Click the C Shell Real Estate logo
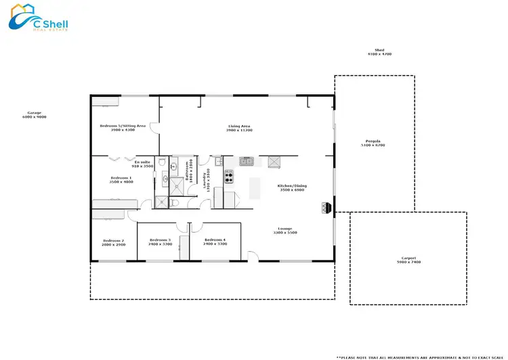(38, 19)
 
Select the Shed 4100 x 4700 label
(379, 51)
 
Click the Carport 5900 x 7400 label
(408, 260)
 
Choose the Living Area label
(239, 127)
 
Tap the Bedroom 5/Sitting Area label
(123, 127)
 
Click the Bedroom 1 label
(122, 179)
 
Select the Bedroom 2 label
(114, 242)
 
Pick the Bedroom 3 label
(161, 242)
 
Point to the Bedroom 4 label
(215, 242)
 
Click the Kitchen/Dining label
(291, 187)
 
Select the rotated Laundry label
(206, 179)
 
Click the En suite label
(144, 164)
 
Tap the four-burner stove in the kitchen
(229, 178)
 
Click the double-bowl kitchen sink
(247, 161)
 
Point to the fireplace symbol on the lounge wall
(327, 207)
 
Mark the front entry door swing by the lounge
(252, 256)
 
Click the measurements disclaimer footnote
(420, 356)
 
